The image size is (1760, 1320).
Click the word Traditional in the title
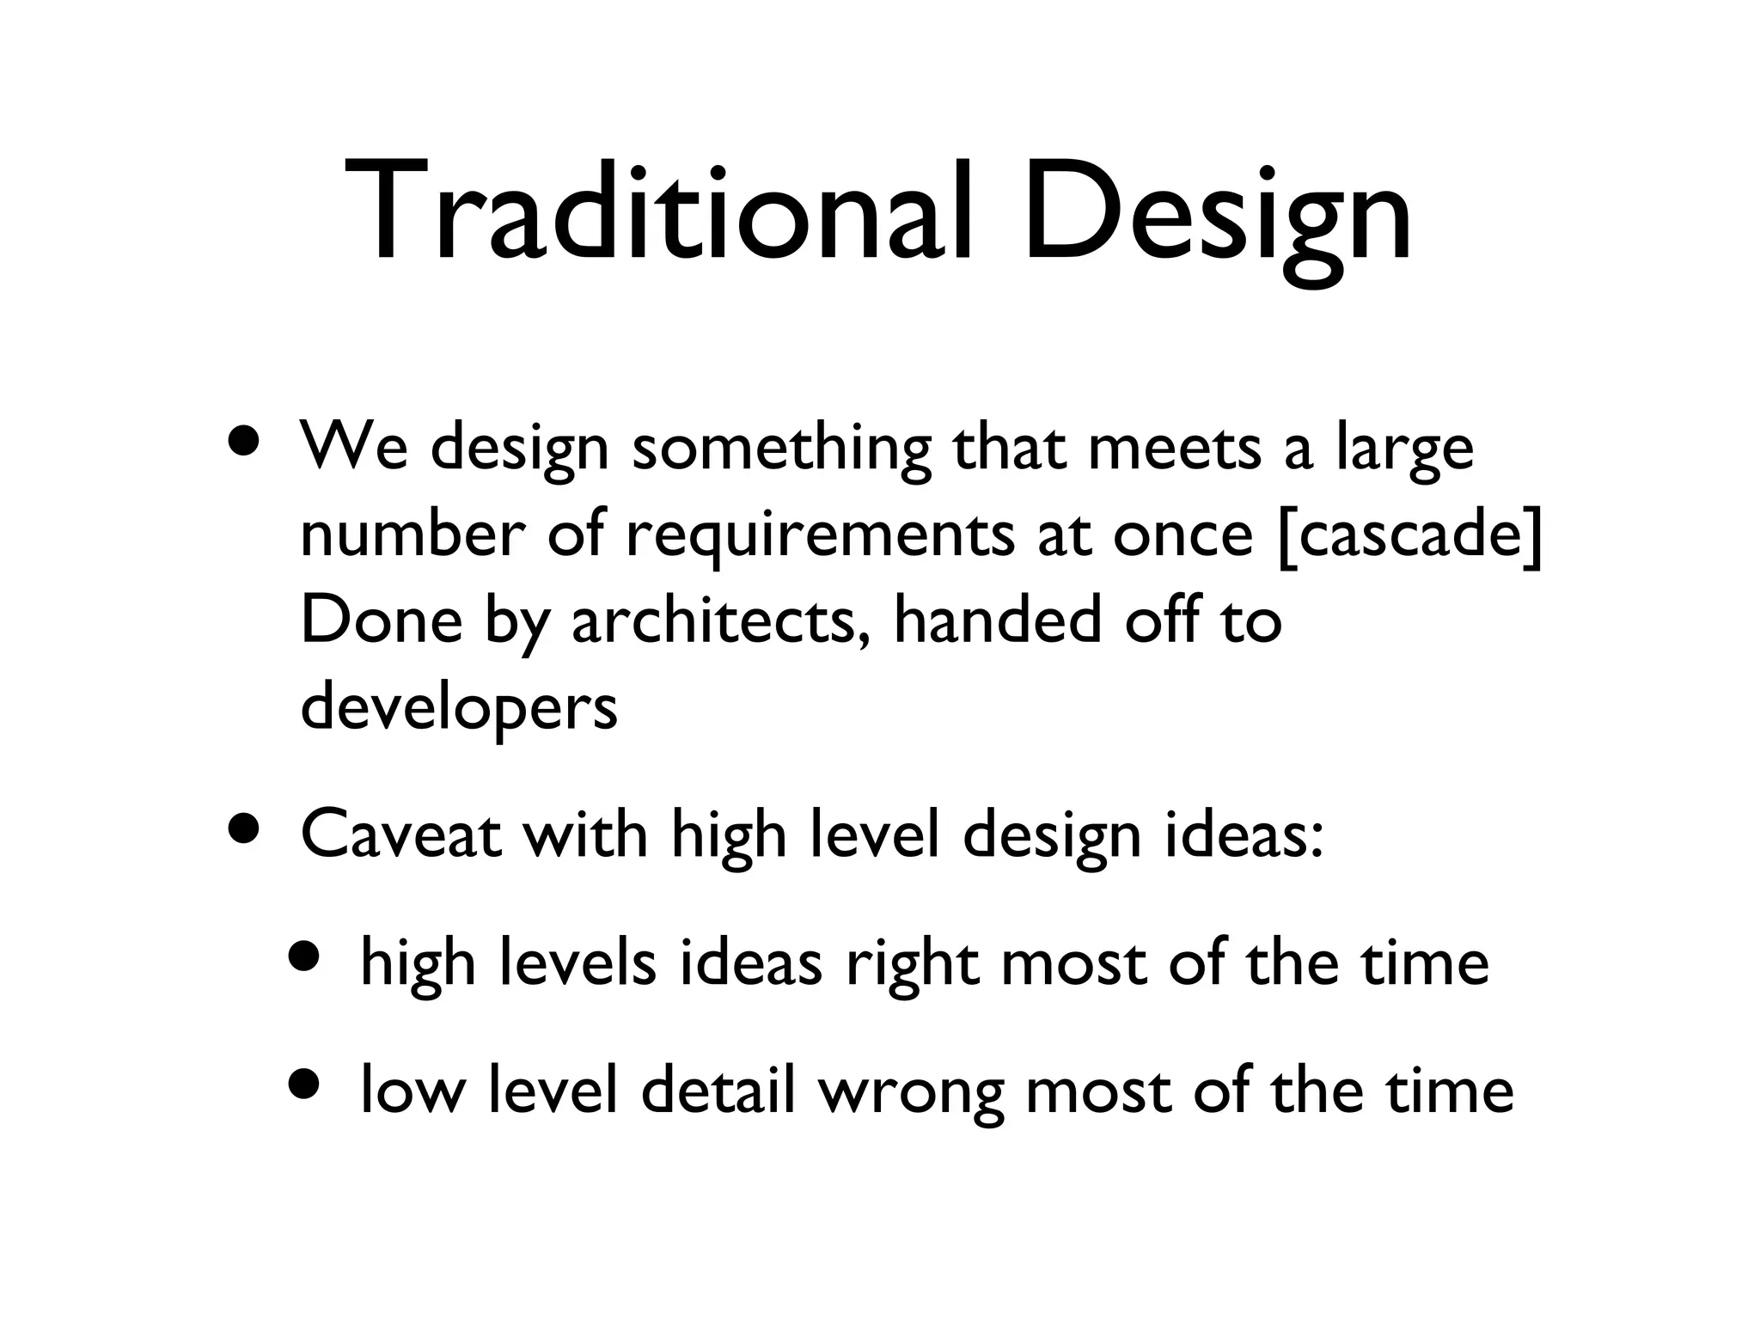[x=658, y=212]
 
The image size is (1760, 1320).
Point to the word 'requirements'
[x=820, y=534]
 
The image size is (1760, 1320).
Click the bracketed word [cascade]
[x=1410, y=534]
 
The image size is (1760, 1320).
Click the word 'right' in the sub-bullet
[x=912, y=962]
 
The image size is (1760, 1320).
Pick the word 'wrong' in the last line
[x=910, y=1091]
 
